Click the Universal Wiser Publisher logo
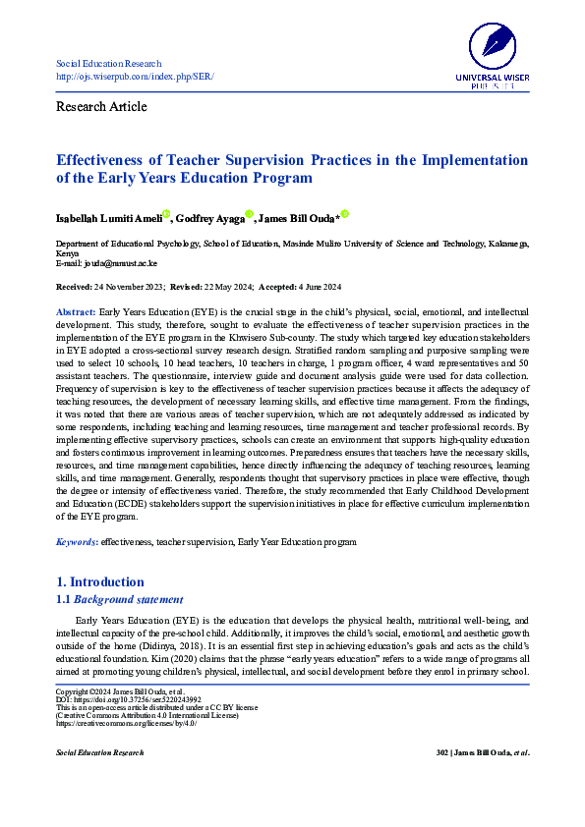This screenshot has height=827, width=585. point(492,54)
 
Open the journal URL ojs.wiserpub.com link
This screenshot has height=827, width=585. point(135,77)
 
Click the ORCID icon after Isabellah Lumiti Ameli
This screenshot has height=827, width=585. point(166,214)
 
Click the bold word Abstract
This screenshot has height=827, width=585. point(76,310)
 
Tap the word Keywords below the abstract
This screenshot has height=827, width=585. point(76,541)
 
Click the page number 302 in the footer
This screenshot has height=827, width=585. point(441,752)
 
